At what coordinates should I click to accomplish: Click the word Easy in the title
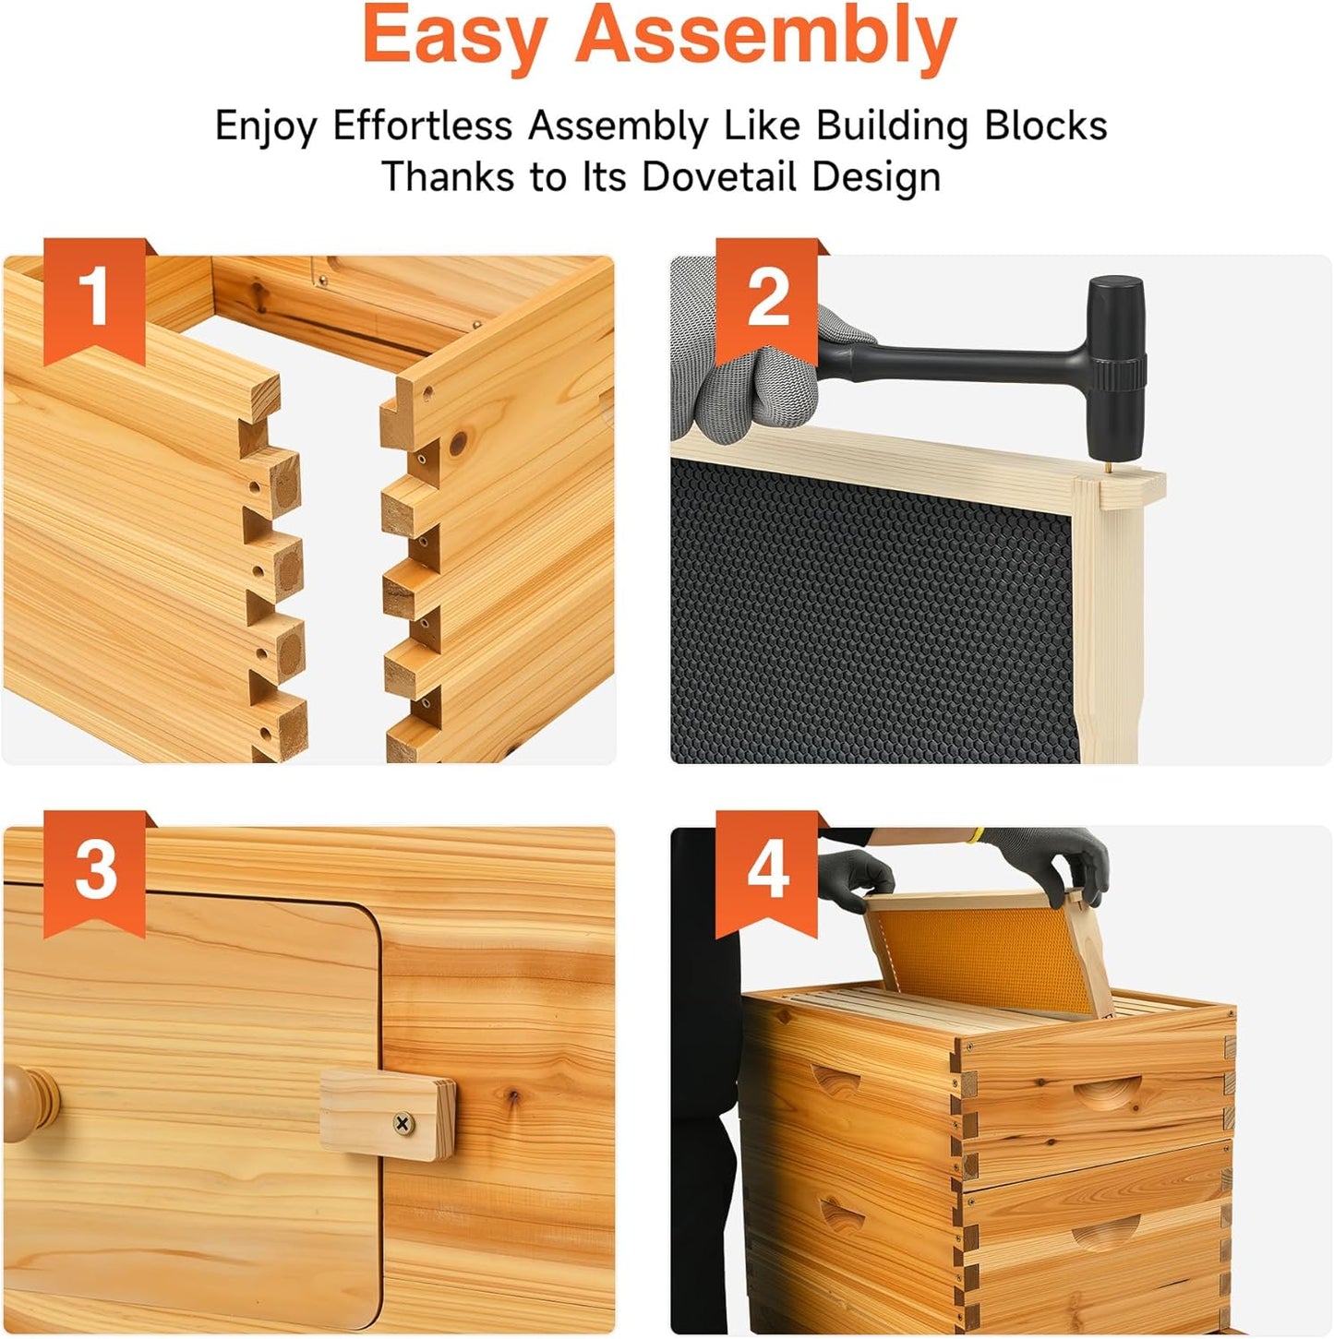(x=453, y=37)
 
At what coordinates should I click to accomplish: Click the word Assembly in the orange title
(x=765, y=37)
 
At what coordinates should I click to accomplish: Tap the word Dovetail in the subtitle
(x=719, y=176)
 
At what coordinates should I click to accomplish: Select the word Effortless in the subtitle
(x=422, y=126)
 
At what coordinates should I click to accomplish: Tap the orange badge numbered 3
(x=94, y=870)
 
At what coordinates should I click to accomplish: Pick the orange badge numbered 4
(x=766, y=870)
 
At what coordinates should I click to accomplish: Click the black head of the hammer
(x=1115, y=365)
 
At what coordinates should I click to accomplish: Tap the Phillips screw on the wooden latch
(x=403, y=1122)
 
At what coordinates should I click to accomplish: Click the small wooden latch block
(x=387, y=1115)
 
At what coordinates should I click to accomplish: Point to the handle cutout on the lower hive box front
(x=1107, y=1231)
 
